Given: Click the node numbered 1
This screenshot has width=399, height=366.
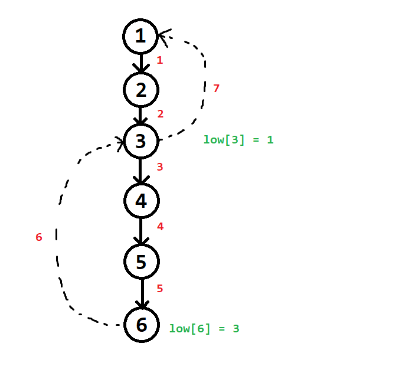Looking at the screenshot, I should [140, 37].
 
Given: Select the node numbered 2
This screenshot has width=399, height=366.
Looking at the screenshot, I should [140, 90].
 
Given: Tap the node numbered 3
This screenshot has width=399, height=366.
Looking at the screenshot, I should [140, 142].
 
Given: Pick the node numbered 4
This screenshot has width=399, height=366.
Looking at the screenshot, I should [141, 201].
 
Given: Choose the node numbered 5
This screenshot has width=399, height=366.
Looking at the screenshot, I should [141, 262].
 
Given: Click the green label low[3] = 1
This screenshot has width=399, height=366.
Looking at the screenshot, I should [238, 140].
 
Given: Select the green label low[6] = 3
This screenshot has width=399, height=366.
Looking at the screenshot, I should [204, 329].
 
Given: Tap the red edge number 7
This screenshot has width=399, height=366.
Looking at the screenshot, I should [216, 89].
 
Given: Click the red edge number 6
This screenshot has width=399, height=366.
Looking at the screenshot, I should [39, 237].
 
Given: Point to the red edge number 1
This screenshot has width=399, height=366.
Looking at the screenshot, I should [159, 60].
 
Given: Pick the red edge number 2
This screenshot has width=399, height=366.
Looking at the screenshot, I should [160, 114].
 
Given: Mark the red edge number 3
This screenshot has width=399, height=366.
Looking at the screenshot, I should [159, 167].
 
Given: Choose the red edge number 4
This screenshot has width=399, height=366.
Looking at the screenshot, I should [160, 226].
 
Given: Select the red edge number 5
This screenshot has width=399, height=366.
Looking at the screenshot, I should [159, 289].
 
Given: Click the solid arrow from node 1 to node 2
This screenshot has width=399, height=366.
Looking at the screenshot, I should [140, 63].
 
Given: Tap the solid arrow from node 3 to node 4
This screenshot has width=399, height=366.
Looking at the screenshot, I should [140, 171].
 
